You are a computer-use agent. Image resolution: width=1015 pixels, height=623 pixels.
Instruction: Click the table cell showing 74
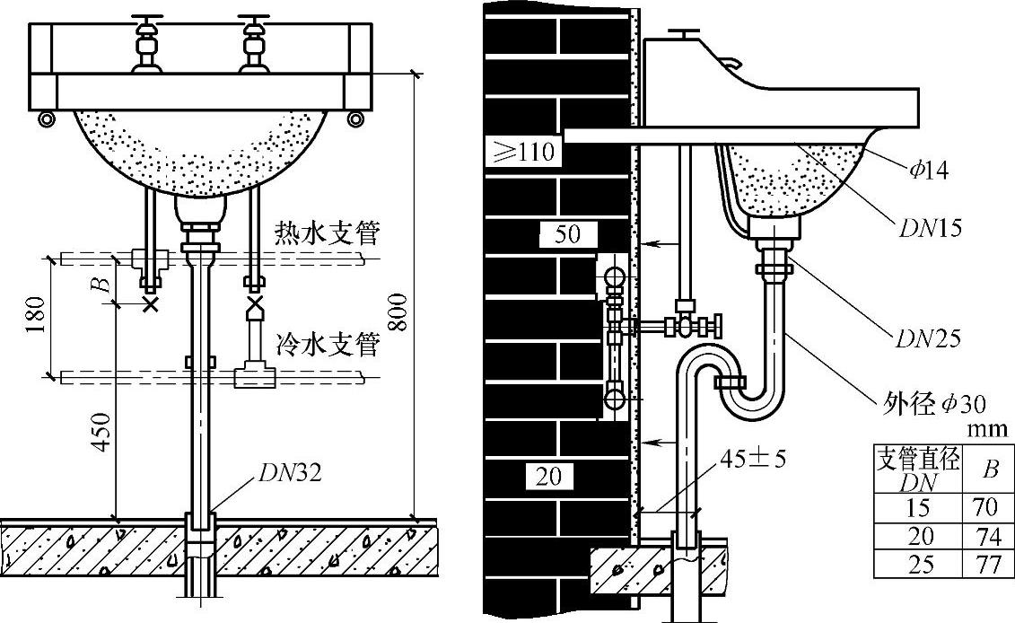pyautogui.click(x=985, y=536)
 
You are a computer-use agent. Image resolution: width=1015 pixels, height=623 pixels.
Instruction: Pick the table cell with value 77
pyautogui.click(x=985, y=565)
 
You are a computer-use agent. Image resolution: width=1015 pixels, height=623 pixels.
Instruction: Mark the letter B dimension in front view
pyautogui.click(x=104, y=285)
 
